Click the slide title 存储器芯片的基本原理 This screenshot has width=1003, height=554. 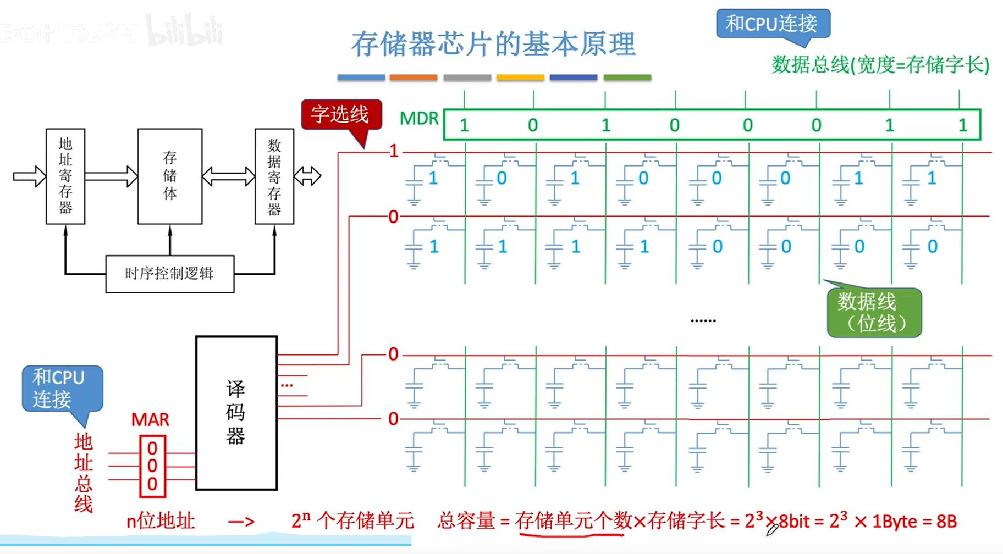(x=493, y=44)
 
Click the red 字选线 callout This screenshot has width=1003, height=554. (x=340, y=114)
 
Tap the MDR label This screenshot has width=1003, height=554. (x=419, y=119)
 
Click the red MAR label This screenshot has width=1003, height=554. (x=150, y=420)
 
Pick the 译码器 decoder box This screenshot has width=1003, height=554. (x=236, y=413)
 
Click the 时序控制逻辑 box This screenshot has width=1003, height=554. (x=169, y=274)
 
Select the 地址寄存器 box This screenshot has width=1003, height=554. (x=65, y=176)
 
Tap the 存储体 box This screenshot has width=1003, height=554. (x=170, y=176)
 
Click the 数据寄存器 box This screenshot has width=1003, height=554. (x=274, y=176)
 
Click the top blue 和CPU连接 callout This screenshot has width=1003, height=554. (x=772, y=24)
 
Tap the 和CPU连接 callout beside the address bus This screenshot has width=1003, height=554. (x=60, y=388)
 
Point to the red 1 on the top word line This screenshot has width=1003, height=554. (x=394, y=151)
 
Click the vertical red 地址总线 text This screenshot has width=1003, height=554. (x=84, y=473)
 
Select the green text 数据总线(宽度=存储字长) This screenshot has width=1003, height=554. (x=880, y=65)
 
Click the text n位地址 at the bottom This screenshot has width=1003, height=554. (x=161, y=520)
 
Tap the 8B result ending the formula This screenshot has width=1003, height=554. (x=946, y=521)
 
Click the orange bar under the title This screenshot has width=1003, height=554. (x=414, y=77)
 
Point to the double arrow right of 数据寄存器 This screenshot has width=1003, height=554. (x=307, y=176)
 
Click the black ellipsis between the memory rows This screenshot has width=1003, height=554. (x=703, y=320)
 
